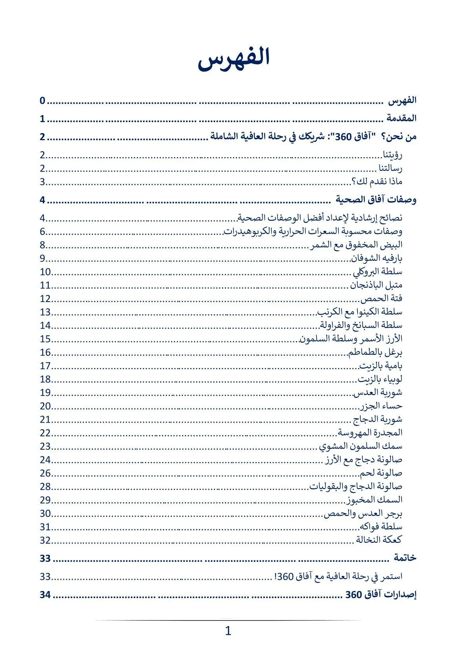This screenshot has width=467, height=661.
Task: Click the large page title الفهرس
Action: point(233,58)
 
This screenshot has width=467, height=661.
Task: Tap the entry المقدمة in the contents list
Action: point(401,118)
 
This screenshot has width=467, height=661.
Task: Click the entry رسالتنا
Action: point(390,168)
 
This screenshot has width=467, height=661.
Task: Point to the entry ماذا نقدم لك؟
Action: point(377,182)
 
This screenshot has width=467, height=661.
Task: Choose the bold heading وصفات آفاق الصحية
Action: point(376,200)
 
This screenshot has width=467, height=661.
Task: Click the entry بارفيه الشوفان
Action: point(377,258)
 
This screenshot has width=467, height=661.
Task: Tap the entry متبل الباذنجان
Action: point(376,285)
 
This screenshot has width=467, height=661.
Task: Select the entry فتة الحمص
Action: point(381,298)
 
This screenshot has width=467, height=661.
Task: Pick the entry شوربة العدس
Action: point(378,392)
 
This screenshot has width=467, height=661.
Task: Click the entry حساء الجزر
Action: point(381,406)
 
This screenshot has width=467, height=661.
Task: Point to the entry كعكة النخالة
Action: point(379,540)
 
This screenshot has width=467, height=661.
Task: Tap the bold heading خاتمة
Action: point(405,558)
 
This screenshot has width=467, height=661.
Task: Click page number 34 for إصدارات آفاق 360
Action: point(45,595)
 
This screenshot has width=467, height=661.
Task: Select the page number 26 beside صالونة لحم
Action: point(45,473)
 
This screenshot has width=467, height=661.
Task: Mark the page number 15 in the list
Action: point(45,339)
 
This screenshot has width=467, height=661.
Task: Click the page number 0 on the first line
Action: point(42,101)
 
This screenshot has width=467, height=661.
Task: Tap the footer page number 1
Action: point(228,631)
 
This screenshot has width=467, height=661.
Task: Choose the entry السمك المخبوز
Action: point(374,500)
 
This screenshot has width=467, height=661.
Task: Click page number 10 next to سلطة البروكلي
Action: point(45,272)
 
